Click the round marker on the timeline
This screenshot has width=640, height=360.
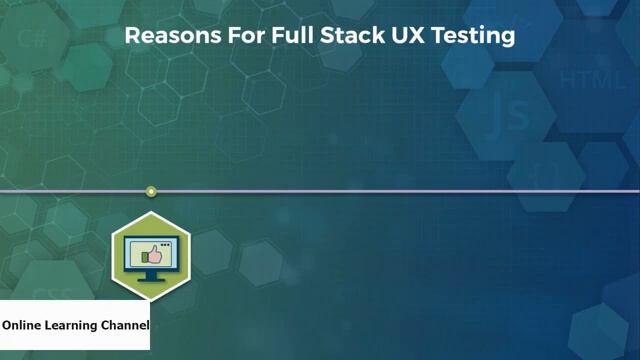coord(151,191)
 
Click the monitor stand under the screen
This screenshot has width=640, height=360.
coord(150,276)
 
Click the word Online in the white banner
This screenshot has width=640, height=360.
coord(23,325)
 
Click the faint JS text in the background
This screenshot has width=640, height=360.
coord(505,118)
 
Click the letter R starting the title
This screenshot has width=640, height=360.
coord(131,37)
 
